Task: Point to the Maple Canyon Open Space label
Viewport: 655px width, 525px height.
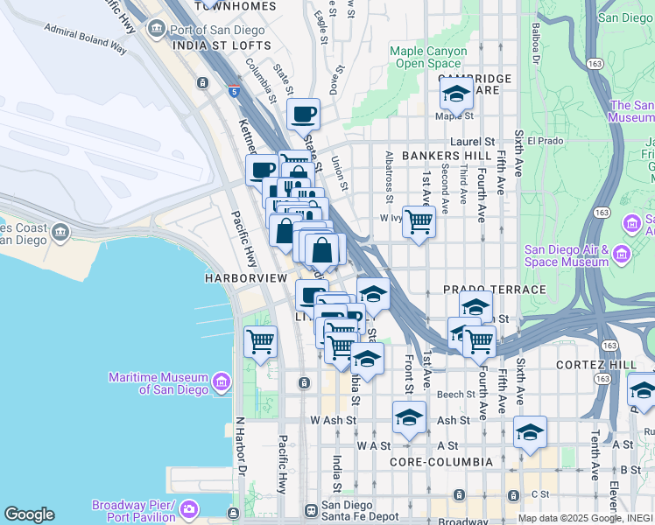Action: (428, 57)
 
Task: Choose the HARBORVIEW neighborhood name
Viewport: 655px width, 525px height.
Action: (245, 277)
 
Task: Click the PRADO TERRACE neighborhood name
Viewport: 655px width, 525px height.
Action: (494, 289)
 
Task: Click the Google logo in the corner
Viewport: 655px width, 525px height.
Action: (29, 514)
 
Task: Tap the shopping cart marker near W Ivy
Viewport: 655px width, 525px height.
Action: (419, 221)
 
